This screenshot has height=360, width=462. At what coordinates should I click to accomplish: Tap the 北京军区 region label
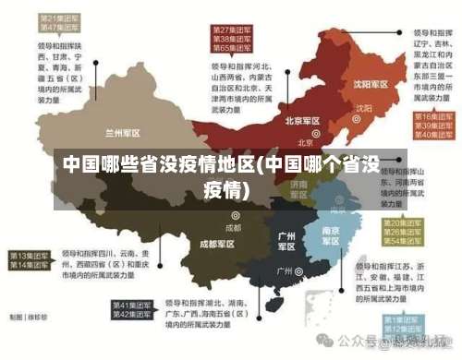[302, 121]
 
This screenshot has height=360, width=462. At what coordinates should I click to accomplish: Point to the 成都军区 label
[217, 245]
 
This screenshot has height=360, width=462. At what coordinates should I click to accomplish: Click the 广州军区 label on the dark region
[287, 242]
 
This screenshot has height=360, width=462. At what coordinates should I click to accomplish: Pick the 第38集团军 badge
[233, 40]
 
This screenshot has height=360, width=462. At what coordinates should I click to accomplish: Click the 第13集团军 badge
[30, 255]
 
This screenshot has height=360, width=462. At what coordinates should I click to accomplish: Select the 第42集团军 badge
[132, 315]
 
